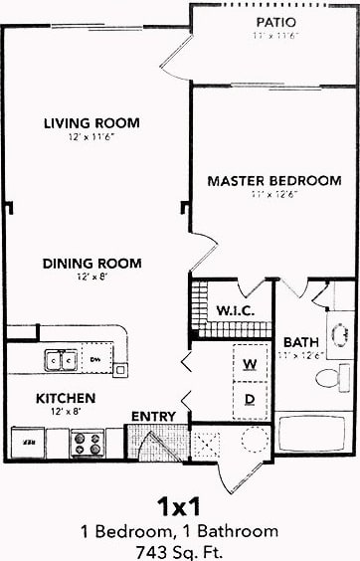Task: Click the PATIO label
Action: click(x=275, y=21)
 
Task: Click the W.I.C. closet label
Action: click(x=236, y=310)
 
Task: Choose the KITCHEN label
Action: click(x=66, y=398)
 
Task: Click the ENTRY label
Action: click(x=153, y=416)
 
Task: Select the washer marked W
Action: click(x=251, y=364)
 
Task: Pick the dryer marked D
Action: click(x=251, y=399)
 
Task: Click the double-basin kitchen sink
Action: click(x=60, y=359)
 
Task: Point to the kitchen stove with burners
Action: click(x=87, y=442)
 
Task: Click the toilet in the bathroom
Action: click(x=328, y=377)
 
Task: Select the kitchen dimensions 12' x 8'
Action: click(x=66, y=411)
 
